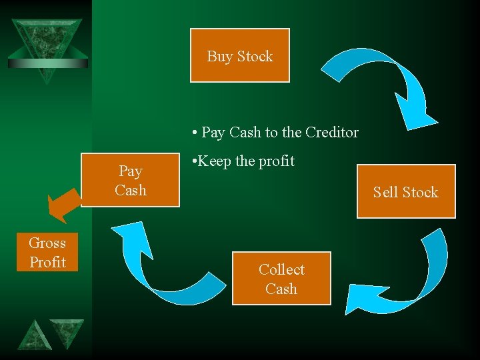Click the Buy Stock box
click(x=240, y=55)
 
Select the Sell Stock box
click(x=406, y=191)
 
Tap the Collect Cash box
click(x=281, y=279)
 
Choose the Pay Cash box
click(x=130, y=180)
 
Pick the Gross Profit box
click(x=47, y=252)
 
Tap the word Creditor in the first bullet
click(x=332, y=132)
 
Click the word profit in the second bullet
click(x=275, y=161)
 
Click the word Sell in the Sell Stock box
click(x=385, y=192)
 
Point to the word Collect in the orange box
click(x=281, y=269)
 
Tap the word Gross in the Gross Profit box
click(x=47, y=243)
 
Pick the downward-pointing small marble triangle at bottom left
click(x=67, y=330)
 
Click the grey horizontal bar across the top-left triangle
click(x=47, y=63)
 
